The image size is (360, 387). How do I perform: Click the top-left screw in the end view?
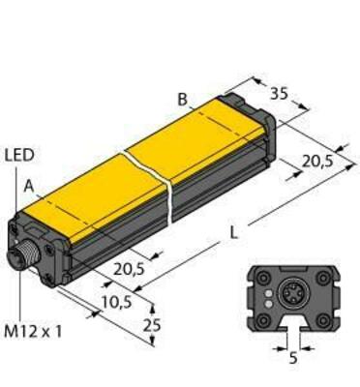click(261, 275)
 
